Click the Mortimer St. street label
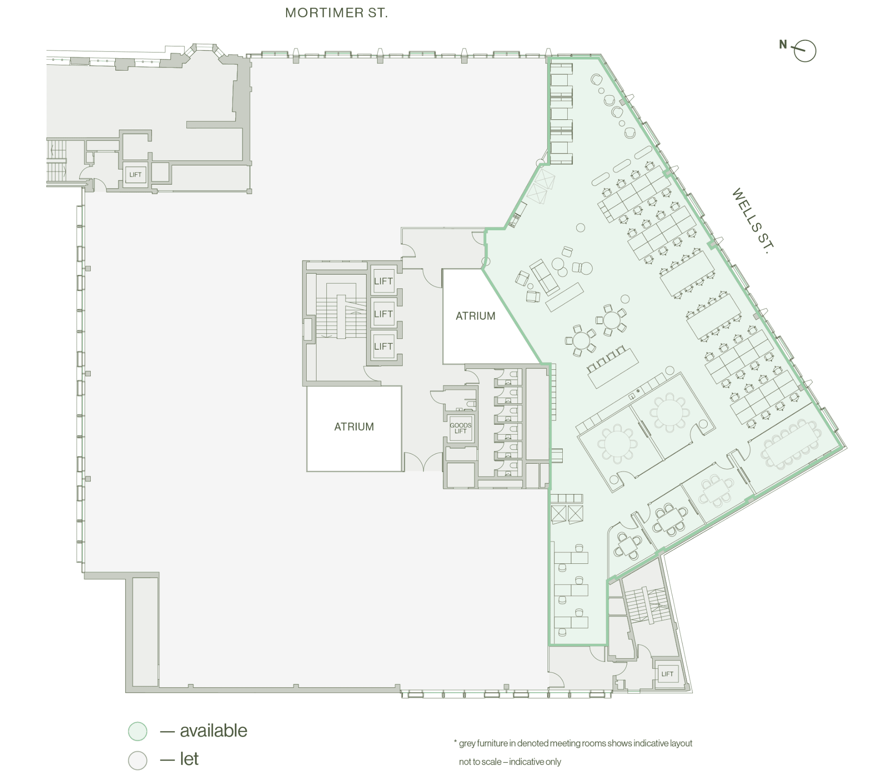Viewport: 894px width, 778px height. coord(337,13)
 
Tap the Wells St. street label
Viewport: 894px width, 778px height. coord(753,221)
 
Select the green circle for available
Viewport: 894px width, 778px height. coord(138,731)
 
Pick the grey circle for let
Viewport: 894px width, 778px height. coord(138,760)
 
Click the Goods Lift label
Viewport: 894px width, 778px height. coord(460,428)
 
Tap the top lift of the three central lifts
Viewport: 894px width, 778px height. coord(384,281)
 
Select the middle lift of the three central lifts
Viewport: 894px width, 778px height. coord(384,314)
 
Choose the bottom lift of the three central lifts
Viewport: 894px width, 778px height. coord(384,347)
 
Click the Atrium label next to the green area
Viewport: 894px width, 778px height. coord(476,316)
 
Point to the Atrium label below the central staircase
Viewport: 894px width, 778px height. coord(354,427)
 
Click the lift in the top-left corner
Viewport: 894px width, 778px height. coord(135,175)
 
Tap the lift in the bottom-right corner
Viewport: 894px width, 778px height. coord(667,674)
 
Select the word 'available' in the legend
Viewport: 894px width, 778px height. coord(214,731)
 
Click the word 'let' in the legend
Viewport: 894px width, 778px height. coord(189,759)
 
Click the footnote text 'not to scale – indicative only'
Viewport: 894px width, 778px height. coord(510,761)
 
